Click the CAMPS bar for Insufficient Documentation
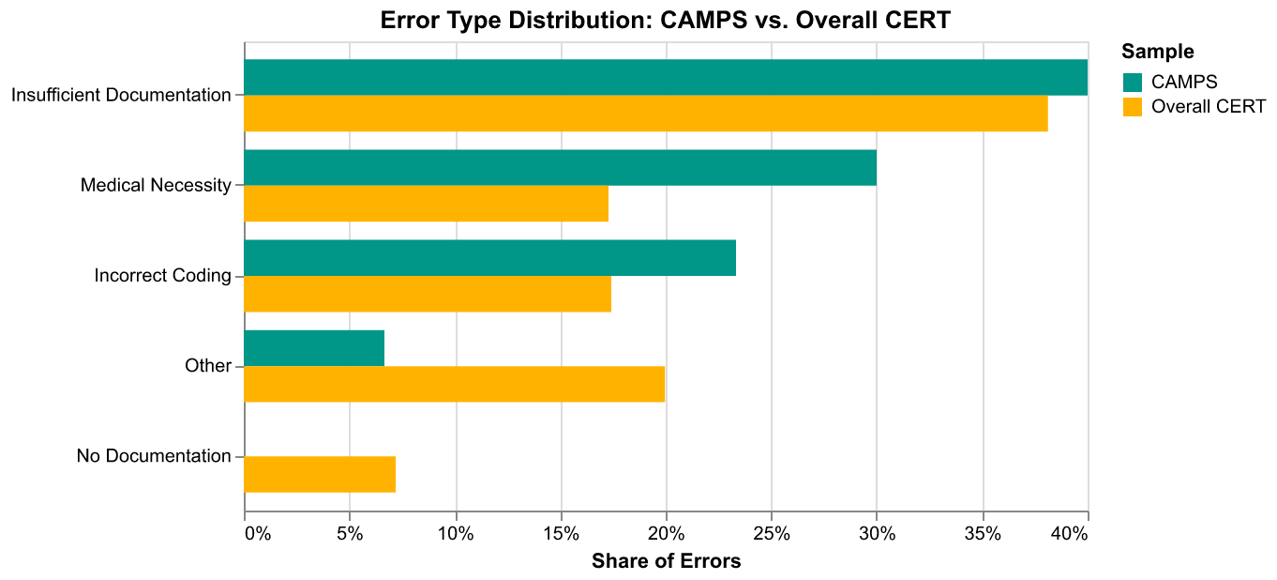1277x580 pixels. pyautogui.click(x=666, y=77)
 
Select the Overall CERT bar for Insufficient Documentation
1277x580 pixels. pyautogui.click(x=646, y=113)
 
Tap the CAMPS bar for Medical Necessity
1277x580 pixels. pyautogui.click(x=561, y=167)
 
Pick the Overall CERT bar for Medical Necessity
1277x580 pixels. pyautogui.click(x=427, y=204)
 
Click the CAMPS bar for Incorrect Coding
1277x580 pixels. pyautogui.click(x=490, y=257)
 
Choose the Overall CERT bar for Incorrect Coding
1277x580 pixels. pyautogui.click(x=428, y=294)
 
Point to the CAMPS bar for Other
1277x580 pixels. pyautogui.click(x=314, y=347)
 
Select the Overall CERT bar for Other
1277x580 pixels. pyautogui.click(x=455, y=384)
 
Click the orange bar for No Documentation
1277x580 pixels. pyautogui.click(x=320, y=474)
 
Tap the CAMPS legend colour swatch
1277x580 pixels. pyautogui.click(x=1133, y=83)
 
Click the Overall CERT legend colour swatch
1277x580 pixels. pyautogui.click(x=1133, y=107)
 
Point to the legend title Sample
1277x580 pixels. pyautogui.click(x=1157, y=52)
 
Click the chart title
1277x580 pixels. pyautogui.click(x=666, y=21)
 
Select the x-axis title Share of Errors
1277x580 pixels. pyautogui.click(x=666, y=561)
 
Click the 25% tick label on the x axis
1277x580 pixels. pyautogui.click(x=772, y=534)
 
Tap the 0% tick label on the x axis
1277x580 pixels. pyautogui.click(x=258, y=534)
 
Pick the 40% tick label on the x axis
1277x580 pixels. pyautogui.click(x=1070, y=534)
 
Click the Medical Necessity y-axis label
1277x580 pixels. pyautogui.click(x=156, y=185)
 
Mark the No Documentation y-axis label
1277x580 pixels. pyautogui.click(x=154, y=455)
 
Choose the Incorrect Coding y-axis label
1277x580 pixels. pyautogui.click(x=162, y=275)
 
